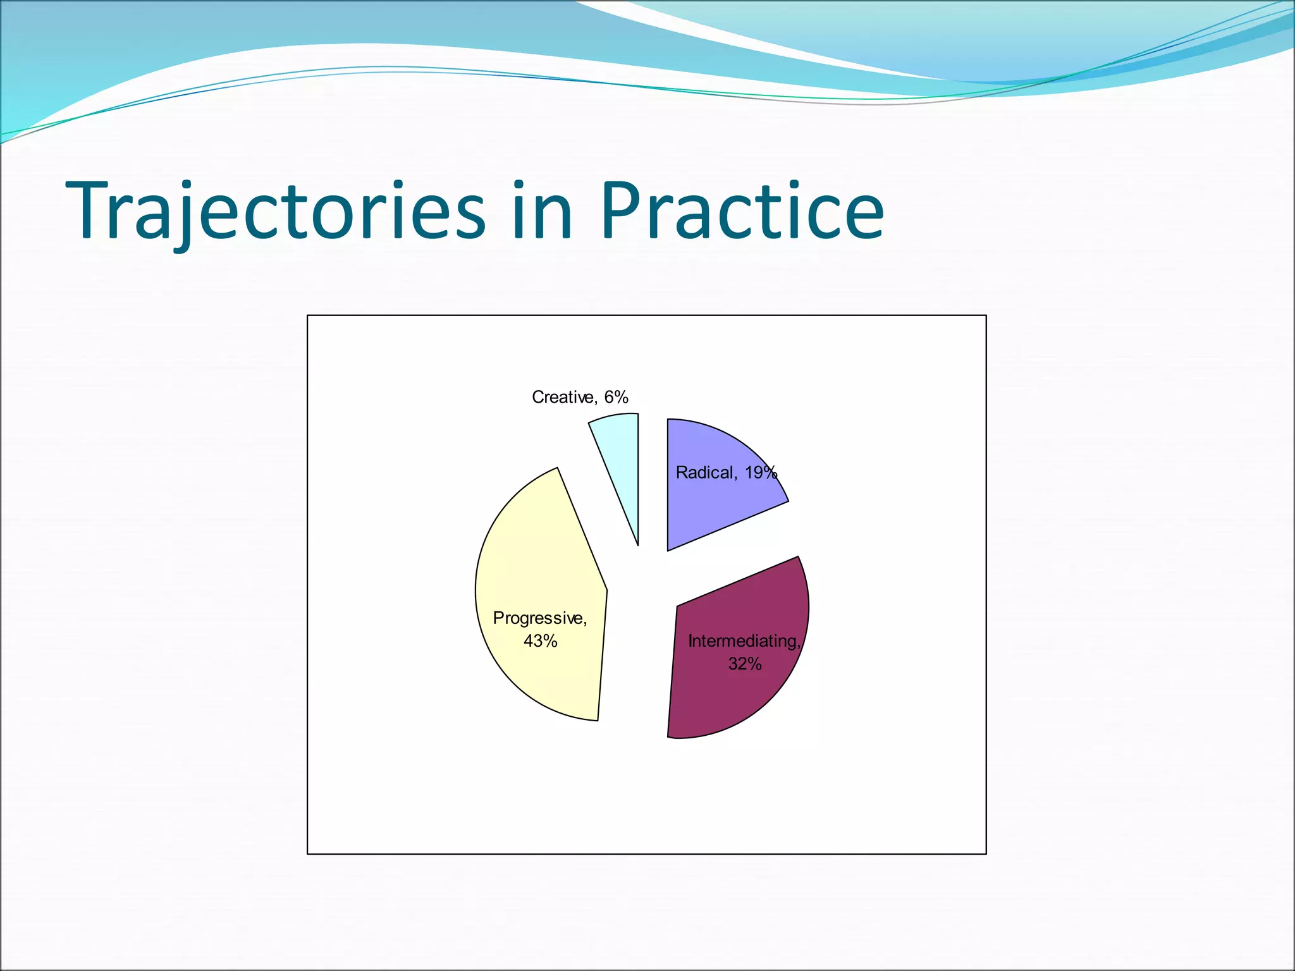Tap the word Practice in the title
click(742, 212)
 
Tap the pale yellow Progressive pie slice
click(537, 569)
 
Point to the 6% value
click(616, 397)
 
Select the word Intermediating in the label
click(744, 641)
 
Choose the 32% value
click(745, 664)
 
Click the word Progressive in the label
click(539, 618)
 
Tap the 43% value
click(540, 641)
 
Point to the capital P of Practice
click(622, 212)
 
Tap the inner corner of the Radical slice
click(669, 549)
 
